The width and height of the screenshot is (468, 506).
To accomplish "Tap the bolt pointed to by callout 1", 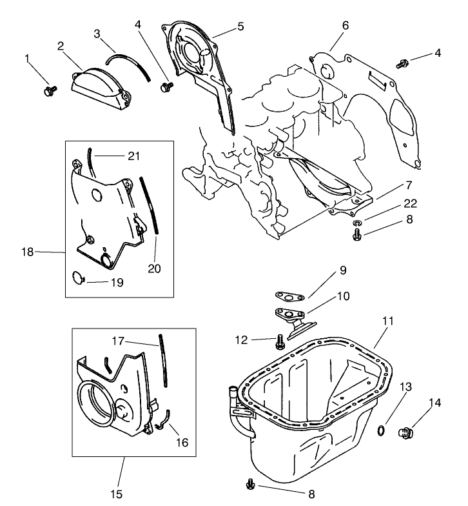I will (x=48, y=91).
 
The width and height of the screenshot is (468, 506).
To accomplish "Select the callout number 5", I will (x=240, y=27).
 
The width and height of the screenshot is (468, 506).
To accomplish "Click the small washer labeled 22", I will (x=358, y=223).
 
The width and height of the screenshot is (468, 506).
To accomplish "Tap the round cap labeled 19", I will (x=77, y=278).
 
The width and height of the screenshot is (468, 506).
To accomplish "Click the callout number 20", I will (x=155, y=268).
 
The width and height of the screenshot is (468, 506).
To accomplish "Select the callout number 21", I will (x=133, y=156).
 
